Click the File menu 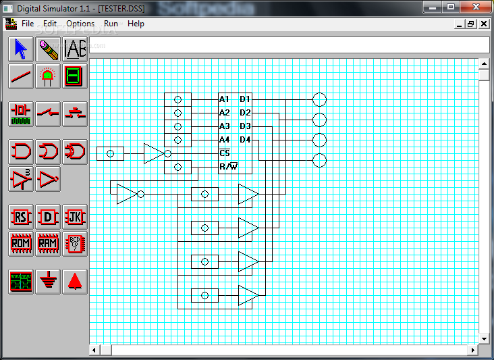pos(28,24)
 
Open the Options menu pos(80,24)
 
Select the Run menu pos(111,24)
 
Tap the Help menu pos(136,24)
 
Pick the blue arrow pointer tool pos(21,49)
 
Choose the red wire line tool pos(21,76)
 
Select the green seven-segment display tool pos(75,76)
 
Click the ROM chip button pos(21,243)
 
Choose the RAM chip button pos(47,243)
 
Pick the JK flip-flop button pos(75,217)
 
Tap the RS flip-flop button pos(21,217)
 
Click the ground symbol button pos(47,281)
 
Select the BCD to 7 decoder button pos(75,243)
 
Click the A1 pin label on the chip pos(224,99)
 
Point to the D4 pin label pos(245,139)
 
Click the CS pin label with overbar pos(225,153)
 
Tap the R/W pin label pos(229,166)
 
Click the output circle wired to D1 pos(319,99)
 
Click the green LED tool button pos(47,76)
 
